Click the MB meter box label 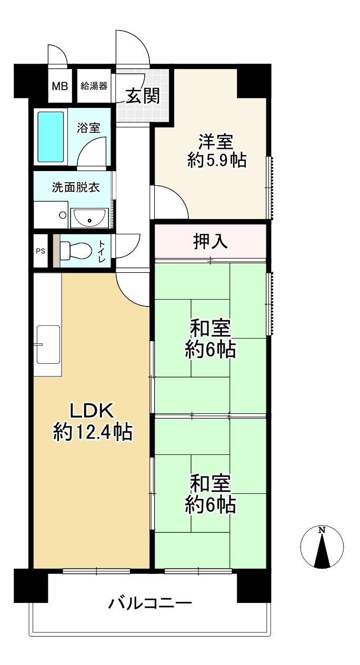click(x=59, y=85)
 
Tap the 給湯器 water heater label click(x=94, y=85)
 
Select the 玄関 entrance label click(x=143, y=96)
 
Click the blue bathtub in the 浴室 click(x=51, y=137)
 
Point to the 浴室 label click(x=88, y=127)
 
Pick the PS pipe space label click(x=41, y=251)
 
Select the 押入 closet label click(x=210, y=241)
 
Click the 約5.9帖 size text click(x=217, y=161)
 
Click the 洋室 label click(x=216, y=142)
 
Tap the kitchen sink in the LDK click(x=48, y=344)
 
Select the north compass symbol click(x=322, y=548)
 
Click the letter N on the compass click(x=322, y=530)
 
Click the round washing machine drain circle click(x=63, y=215)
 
